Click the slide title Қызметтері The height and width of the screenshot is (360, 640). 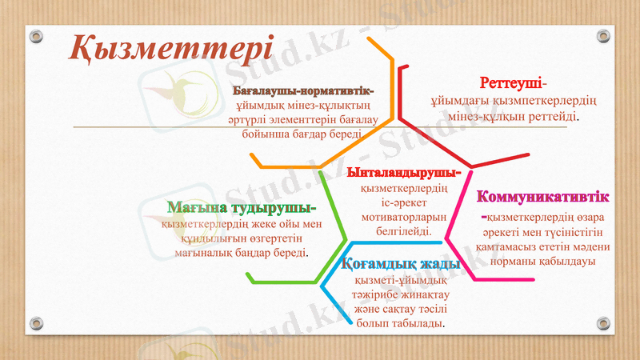pos(171,47)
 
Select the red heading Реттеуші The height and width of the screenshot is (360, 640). pos(512,83)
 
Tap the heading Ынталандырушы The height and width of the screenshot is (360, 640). pos(403,172)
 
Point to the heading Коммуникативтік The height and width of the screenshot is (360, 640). pos(543,197)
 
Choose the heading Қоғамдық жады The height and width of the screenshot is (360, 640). pos(400,264)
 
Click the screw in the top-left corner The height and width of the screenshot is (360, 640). pos(34,37)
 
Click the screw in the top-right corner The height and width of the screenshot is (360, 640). pos(603,37)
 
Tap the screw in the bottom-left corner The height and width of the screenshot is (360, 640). pos(34,323)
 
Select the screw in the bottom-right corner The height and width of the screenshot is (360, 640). pos(603,323)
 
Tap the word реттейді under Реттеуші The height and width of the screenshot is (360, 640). pos(551,117)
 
